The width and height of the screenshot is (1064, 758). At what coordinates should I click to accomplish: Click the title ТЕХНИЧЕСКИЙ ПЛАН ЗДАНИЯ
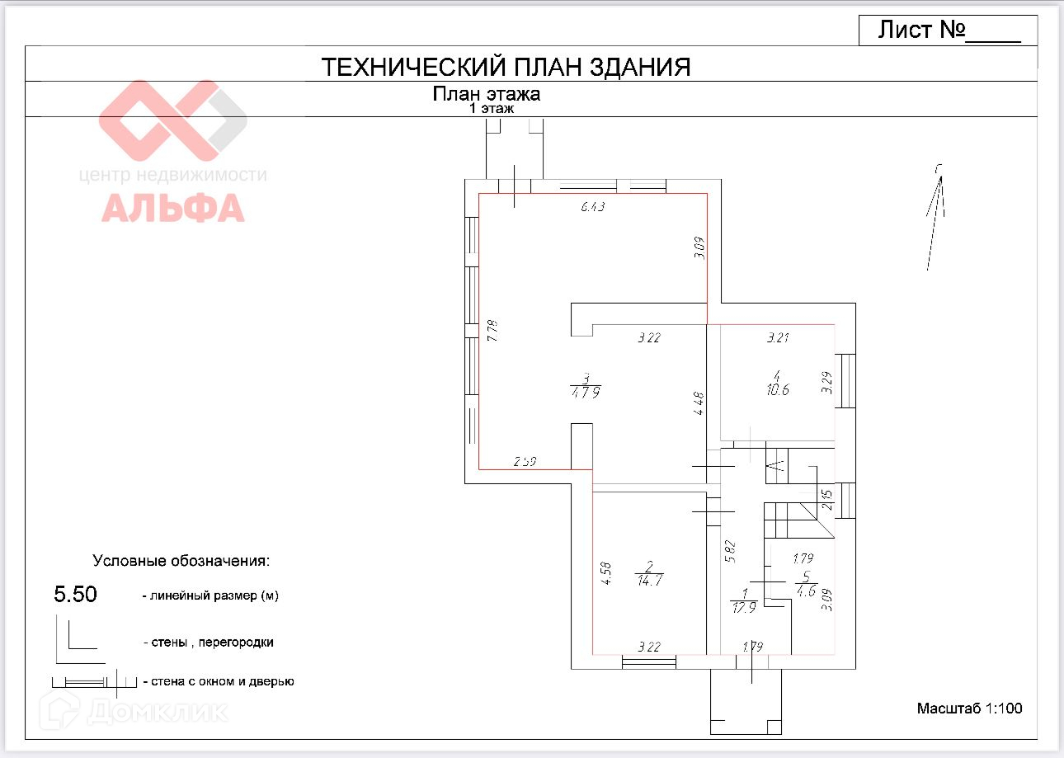pos(505,67)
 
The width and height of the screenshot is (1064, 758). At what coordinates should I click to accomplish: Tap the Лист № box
pos(948,31)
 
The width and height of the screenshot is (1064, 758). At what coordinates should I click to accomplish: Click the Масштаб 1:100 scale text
pos(969,709)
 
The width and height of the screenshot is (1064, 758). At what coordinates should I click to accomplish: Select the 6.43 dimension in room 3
pos(593,208)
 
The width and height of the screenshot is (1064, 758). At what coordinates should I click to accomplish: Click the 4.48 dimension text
pos(699,403)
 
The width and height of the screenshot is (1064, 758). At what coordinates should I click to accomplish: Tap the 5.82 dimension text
pos(728,551)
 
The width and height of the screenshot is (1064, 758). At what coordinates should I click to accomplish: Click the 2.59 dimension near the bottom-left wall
pos(525,462)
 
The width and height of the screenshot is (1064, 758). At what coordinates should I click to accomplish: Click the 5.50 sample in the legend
pos(75,595)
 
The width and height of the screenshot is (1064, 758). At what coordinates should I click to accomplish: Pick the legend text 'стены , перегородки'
pos(207,642)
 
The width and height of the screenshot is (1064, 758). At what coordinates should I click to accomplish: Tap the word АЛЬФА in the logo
pos(173,208)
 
